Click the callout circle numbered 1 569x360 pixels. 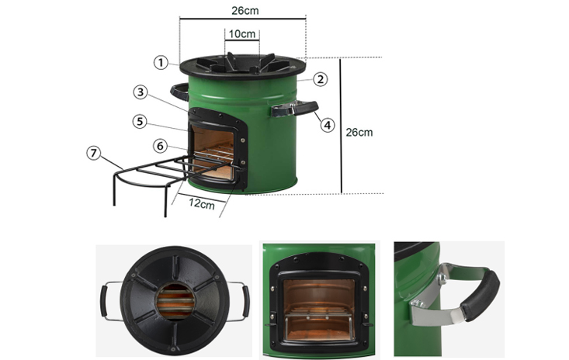point(161,63)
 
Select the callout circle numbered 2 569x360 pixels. point(320,79)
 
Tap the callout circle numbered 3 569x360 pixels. point(141,92)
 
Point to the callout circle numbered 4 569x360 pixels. point(328,125)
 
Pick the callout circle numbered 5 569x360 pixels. point(140,122)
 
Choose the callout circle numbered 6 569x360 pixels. point(160,146)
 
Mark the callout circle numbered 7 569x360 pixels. point(94,153)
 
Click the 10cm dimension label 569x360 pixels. point(242,34)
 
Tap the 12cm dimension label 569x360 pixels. point(202,204)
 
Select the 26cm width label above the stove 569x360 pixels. point(245,11)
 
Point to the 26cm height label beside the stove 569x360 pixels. point(359,133)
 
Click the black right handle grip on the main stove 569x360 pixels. point(306,107)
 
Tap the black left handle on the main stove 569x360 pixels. point(179,92)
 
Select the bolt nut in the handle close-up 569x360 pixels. point(442,279)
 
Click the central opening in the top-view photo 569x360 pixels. point(175,301)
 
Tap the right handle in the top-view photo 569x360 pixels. point(240,301)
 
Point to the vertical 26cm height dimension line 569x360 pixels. point(341,126)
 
